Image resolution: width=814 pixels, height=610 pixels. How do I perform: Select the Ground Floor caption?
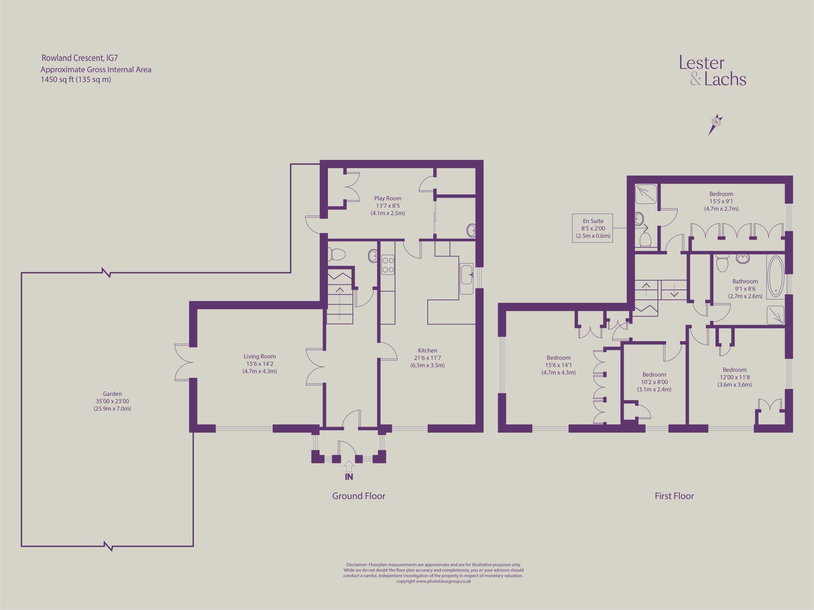(359, 496)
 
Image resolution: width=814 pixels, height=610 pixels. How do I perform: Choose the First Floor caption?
(674, 496)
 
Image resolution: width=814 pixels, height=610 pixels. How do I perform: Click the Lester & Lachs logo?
(712, 71)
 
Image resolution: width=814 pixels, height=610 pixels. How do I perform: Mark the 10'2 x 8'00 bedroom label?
(654, 382)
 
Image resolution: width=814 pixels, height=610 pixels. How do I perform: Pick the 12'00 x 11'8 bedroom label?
(735, 377)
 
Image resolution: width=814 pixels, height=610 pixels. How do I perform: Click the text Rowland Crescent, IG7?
(79, 58)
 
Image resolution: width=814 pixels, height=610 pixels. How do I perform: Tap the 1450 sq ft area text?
(76, 80)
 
